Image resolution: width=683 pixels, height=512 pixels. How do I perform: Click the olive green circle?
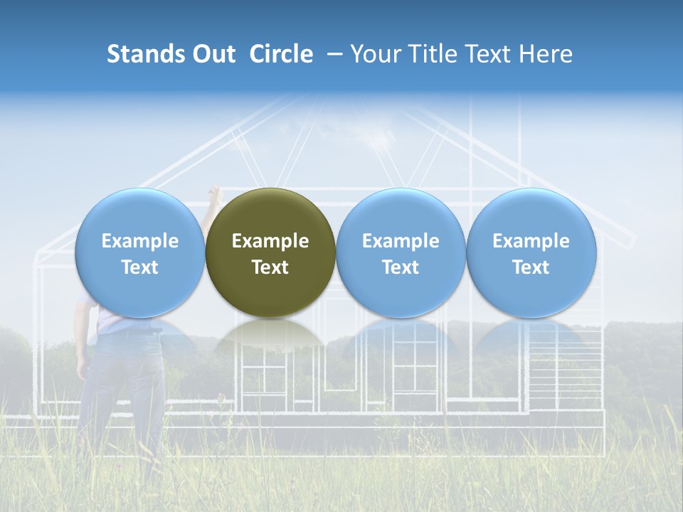270,252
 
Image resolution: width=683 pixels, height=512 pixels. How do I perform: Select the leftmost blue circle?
139,252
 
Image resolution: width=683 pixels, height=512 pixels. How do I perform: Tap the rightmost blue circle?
531,252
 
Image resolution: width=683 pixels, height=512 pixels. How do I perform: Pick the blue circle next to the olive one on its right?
401,252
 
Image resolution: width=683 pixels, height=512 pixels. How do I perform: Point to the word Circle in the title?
281,54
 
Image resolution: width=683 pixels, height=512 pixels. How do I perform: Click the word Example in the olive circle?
270,241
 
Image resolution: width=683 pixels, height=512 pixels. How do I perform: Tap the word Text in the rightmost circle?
531,267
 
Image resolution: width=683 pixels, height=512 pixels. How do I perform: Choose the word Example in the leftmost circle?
139,241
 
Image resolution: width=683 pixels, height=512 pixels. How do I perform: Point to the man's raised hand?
214,194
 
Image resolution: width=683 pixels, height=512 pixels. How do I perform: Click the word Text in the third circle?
401,267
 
